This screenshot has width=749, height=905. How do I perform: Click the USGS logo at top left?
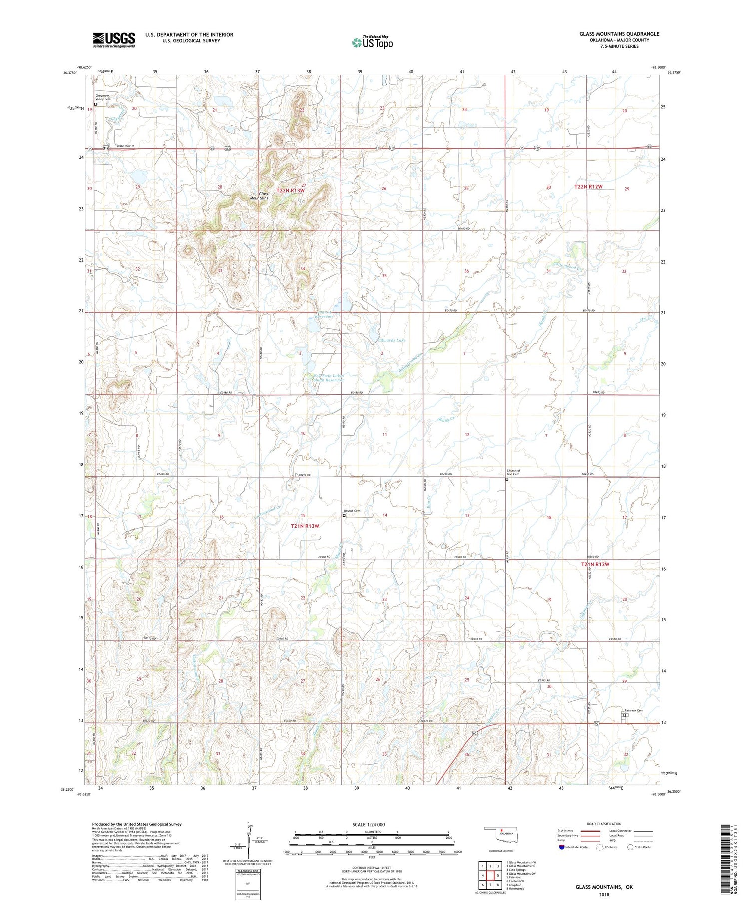(x=114, y=40)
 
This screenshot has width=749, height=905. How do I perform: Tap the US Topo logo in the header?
(x=372, y=43)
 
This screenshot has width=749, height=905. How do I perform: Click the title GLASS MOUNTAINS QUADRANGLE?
(x=619, y=34)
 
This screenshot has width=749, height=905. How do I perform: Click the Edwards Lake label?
(x=391, y=340)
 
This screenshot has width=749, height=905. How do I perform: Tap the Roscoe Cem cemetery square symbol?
(x=344, y=516)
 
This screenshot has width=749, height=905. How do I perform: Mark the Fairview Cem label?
(x=633, y=711)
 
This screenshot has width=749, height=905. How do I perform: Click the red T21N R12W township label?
(x=595, y=564)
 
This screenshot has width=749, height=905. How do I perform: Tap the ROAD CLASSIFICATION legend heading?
(x=604, y=824)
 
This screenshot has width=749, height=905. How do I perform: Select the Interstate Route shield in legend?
(x=561, y=847)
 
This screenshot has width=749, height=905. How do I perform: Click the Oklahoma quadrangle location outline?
(x=504, y=835)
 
